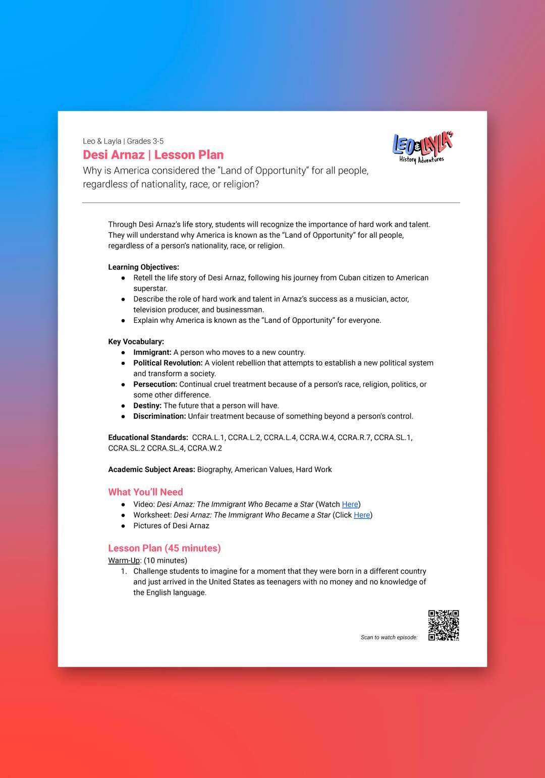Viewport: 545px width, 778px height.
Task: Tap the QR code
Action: (444, 625)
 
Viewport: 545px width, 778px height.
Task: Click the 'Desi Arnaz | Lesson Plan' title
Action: (153, 155)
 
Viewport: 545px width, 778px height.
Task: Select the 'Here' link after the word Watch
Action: (350, 504)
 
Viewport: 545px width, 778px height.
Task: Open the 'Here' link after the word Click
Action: (362, 515)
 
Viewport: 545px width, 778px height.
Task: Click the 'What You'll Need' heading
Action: (145, 492)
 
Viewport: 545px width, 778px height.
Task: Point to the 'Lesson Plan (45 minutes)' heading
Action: (165, 548)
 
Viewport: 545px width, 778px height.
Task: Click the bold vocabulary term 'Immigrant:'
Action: (152, 352)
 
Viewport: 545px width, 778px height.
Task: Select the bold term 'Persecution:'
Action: (155, 384)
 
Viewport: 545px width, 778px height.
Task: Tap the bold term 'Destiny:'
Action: (147, 405)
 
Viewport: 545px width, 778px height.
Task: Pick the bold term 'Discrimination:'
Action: (159, 416)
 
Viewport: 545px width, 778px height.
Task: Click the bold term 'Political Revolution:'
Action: (168, 363)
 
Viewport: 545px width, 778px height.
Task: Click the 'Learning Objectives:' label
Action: (143, 267)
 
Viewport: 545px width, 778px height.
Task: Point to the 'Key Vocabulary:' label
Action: (136, 342)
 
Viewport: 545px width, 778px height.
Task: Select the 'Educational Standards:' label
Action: (148, 437)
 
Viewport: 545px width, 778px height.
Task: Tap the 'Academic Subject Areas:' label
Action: (151, 469)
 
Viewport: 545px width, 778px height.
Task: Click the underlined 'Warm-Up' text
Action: (124, 560)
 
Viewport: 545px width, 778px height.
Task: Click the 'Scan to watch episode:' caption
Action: (389, 637)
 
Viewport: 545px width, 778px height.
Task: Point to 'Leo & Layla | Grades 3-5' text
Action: (123, 141)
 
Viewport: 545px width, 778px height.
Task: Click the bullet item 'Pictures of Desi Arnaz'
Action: (171, 525)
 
